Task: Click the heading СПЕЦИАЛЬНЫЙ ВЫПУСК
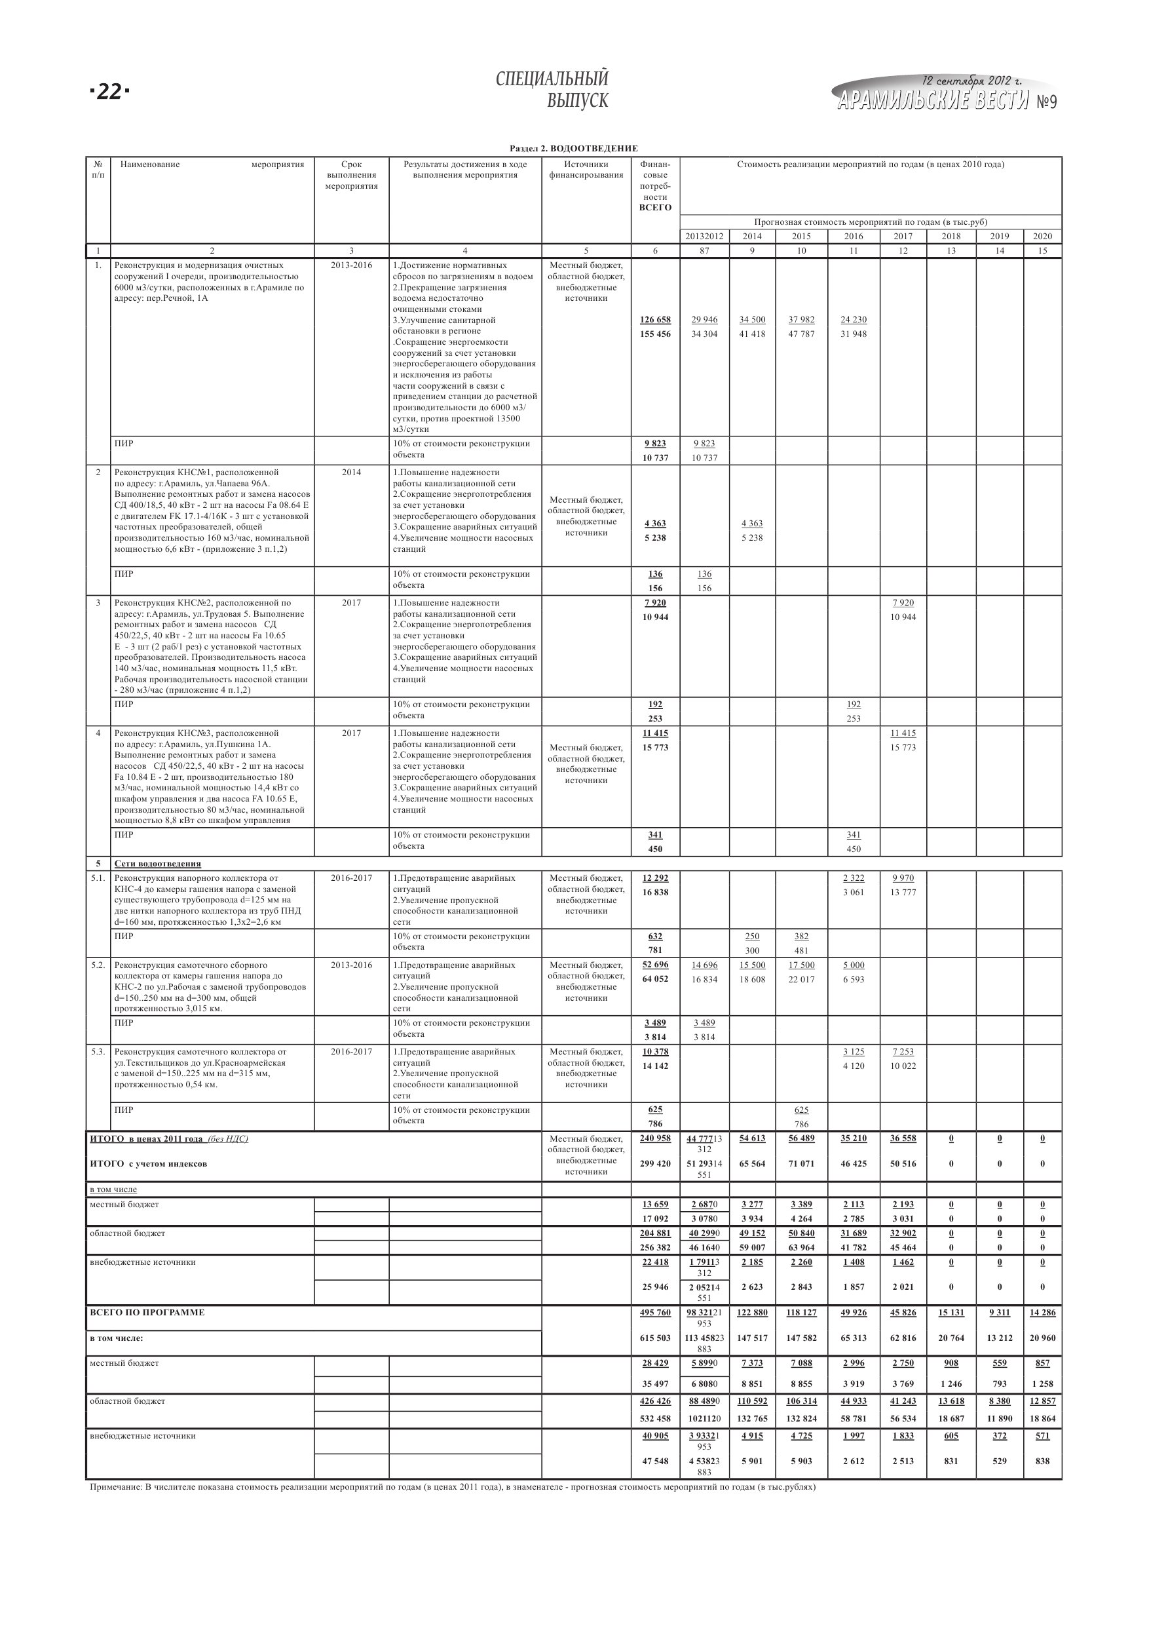pyautogui.click(x=552, y=89)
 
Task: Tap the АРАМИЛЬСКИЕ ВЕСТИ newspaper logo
pyautogui.click(x=932, y=102)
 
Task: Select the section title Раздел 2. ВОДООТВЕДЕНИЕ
pyautogui.click(x=573, y=149)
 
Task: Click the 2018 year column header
pyautogui.click(x=951, y=237)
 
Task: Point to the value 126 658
pyautogui.click(x=655, y=320)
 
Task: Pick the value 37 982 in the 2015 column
pyautogui.click(x=801, y=320)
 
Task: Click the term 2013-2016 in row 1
pyautogui.click(x=351, y=265)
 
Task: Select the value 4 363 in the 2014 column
pyautogui.click(x=752, y=524)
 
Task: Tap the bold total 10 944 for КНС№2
pyautogui.click(x=655, y=617)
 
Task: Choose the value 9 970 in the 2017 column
pyautogui.click(x=903, y=878)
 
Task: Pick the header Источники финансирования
pyautogui.click(x=586, y=170)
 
